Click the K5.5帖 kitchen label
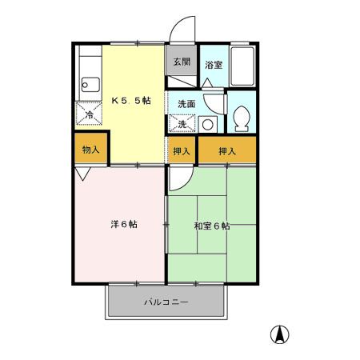pyautogui.click(x=130, y=101)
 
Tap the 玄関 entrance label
pyautogui.click(x=181, y=62)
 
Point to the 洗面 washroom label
pyautogui.click(x=186, y=104)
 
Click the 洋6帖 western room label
pyautogui.click(x=123, y=224)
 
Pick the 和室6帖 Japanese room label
pyautogui.click(x=212, y=226)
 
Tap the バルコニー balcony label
pyautogui.click(x=166, y=302)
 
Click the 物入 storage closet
pyautogui.click(x=90, y=150)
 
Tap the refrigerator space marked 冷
pyautogui.click(x=88, y=114)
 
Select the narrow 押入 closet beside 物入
pyautogui.click(x=182, y=150)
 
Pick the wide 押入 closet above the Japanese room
pyautogui.click(x=228, y=150)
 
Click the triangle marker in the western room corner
pyautogui.click(x=83, y=173)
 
